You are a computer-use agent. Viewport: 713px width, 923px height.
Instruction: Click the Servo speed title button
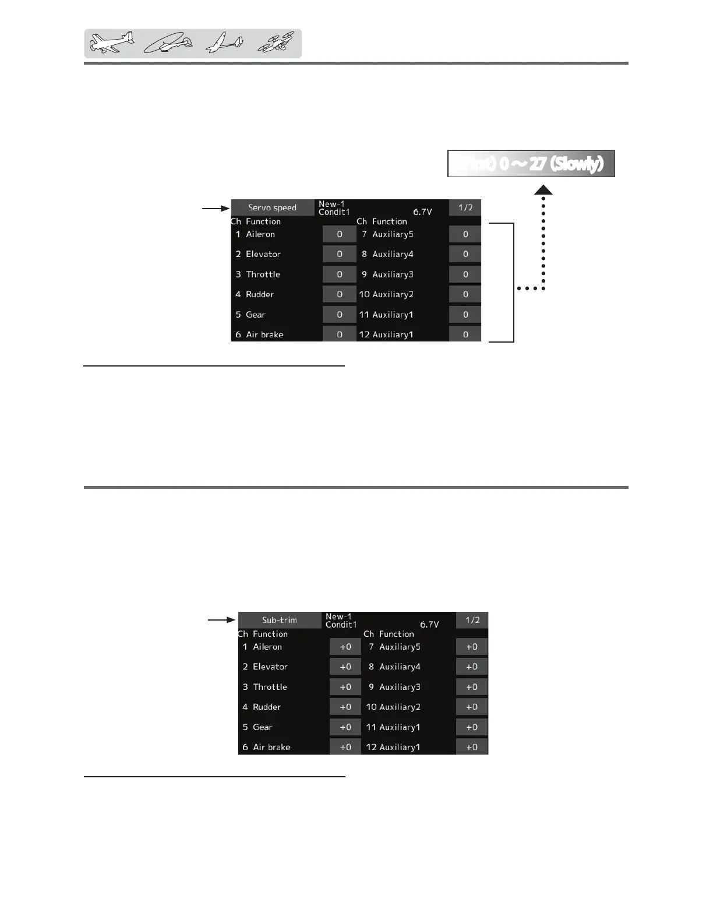(x=272, y=207)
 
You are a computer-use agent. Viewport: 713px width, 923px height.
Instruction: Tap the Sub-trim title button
(x=280, y=620)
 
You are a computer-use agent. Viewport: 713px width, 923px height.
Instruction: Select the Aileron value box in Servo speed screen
(x=339, y=234)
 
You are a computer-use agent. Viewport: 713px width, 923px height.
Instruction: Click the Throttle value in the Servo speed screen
(x=339, y=274)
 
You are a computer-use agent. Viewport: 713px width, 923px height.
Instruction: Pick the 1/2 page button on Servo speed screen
(x=465, y=207)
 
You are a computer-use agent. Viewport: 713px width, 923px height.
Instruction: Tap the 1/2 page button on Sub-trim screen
(x=472, y=620)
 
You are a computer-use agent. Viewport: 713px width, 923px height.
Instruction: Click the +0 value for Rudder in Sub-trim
(x=345, y=707)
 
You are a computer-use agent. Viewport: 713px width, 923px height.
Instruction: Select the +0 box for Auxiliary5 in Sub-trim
(x=472, y=647)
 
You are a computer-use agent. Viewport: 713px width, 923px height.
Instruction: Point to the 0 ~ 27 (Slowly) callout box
(x=531, y=164)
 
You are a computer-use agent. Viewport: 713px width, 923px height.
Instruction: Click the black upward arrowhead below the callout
(x=543, y=190)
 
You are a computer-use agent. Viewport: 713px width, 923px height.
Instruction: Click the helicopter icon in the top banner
(x=169, y=44)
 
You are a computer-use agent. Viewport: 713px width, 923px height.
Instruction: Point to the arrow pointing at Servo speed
(x=216, y=207)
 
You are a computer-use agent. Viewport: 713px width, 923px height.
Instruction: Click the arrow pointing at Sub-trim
(x=223, y=620)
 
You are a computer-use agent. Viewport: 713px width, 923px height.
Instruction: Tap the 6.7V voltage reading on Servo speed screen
(x=422, y=212)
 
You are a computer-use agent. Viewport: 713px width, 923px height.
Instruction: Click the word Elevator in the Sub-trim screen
(x=270, y=667)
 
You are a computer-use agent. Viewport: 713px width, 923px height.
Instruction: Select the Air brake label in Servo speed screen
(x=264, y=334)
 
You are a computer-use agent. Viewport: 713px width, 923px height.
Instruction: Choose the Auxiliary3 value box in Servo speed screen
(x=465, y=274)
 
